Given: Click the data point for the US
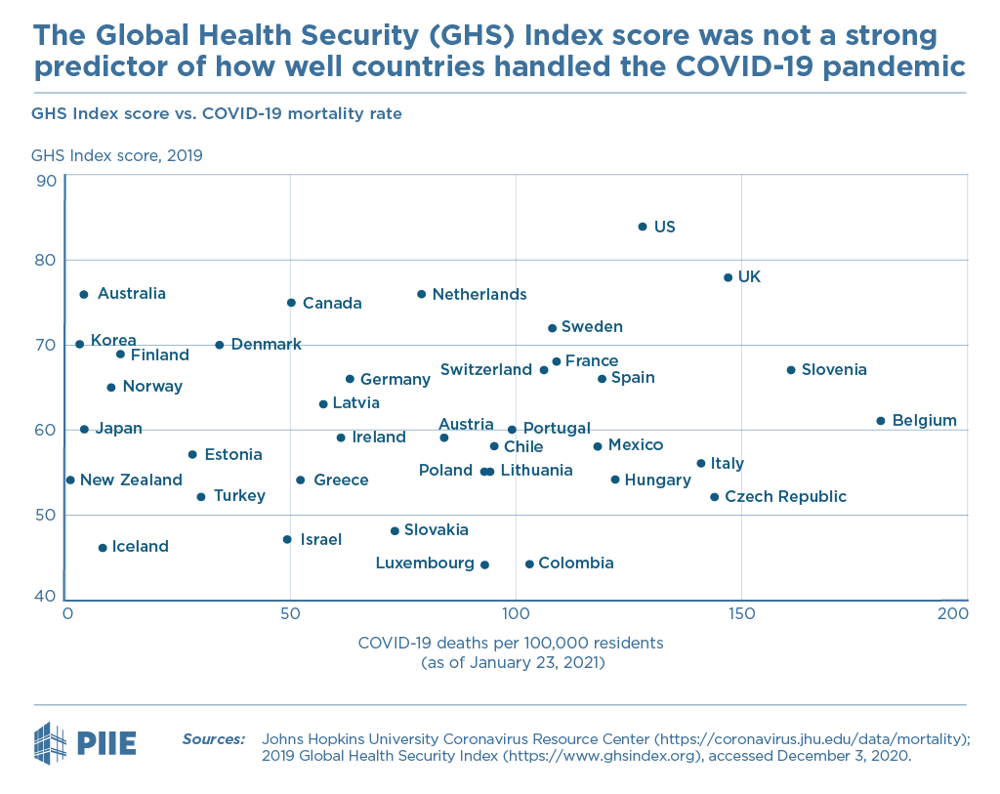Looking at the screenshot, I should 642,227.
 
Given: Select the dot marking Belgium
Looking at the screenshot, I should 880,421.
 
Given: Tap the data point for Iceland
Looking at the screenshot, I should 103,548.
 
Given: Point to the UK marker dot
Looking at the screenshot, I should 728,277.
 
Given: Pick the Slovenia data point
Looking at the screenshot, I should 791,370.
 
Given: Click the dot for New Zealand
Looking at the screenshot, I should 70,481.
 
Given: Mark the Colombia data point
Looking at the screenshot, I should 529,564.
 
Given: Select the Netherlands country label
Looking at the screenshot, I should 479,295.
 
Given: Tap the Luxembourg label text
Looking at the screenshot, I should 425,564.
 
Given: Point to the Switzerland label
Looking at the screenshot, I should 486,370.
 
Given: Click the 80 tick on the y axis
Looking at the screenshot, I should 46,261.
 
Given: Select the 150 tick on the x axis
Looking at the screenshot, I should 741,613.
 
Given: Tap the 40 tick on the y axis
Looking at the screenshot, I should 46,597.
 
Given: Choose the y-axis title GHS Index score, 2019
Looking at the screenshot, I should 117,155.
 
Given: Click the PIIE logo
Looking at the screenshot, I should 85,740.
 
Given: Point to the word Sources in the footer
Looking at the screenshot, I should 214,738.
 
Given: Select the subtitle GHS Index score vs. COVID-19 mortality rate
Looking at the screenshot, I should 217,114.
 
